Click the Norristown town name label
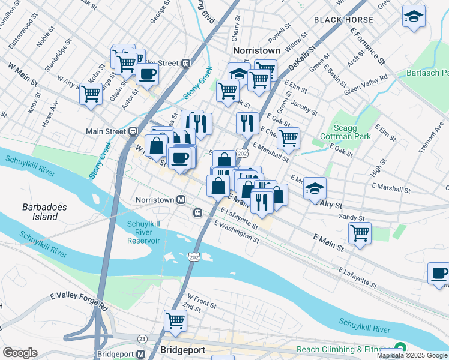[256, 50]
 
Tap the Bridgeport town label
[183, 350]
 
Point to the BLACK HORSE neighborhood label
[343, 20]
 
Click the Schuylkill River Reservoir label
[143, 232]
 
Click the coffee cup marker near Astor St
[147, 74]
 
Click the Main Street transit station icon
[133, 131]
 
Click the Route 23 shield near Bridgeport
[142, 339]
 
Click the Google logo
[20, 353]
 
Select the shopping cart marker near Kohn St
[91, 94]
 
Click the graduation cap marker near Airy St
[315, 188]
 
